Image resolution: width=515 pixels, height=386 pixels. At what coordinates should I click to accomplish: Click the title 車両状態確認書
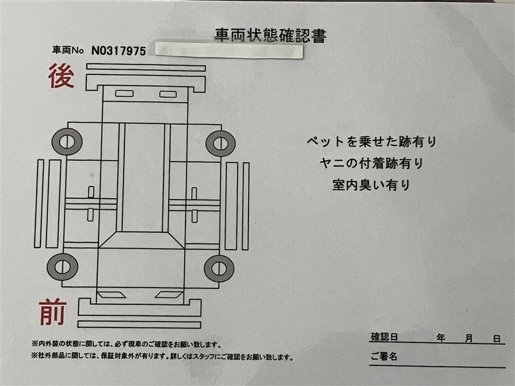pos(270,35)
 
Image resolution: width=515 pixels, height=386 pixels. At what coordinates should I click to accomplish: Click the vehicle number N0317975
pos(118,51)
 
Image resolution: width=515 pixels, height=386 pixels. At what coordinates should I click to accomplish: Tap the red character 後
pos(61,76)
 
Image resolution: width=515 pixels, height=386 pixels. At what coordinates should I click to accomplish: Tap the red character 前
pos(53,311)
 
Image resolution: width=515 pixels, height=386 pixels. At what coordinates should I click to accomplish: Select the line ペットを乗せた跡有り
pos(371,142)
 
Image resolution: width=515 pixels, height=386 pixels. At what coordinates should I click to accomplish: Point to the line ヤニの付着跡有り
pos(371,163)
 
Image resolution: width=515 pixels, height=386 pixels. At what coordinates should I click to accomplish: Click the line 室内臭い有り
pos(371,185)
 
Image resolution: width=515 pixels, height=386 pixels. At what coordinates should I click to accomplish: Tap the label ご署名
pos(384,356)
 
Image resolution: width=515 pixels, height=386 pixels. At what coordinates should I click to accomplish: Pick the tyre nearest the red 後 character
pos(67,142)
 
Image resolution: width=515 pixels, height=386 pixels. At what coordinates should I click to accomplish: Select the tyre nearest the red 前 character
pos(62,266)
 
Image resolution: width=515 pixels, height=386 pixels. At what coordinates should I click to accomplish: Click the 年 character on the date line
pos(441,338)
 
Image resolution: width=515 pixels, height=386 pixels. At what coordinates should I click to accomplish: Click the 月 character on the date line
pos(469,338)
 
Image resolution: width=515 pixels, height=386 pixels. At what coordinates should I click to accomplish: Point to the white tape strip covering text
pos(229,50)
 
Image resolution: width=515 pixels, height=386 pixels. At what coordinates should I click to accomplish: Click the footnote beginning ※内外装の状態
pos(126,345)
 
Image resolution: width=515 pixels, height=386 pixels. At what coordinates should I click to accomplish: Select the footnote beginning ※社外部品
pos(162,357)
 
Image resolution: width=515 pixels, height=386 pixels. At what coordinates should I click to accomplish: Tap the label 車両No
pos(68,50)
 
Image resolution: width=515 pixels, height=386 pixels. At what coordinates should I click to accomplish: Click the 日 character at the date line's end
pos(497,339)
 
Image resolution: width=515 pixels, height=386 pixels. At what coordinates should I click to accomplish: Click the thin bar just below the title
pos(146,68)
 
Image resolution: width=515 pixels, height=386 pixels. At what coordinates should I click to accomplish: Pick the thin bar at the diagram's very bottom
pos(139,325)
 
